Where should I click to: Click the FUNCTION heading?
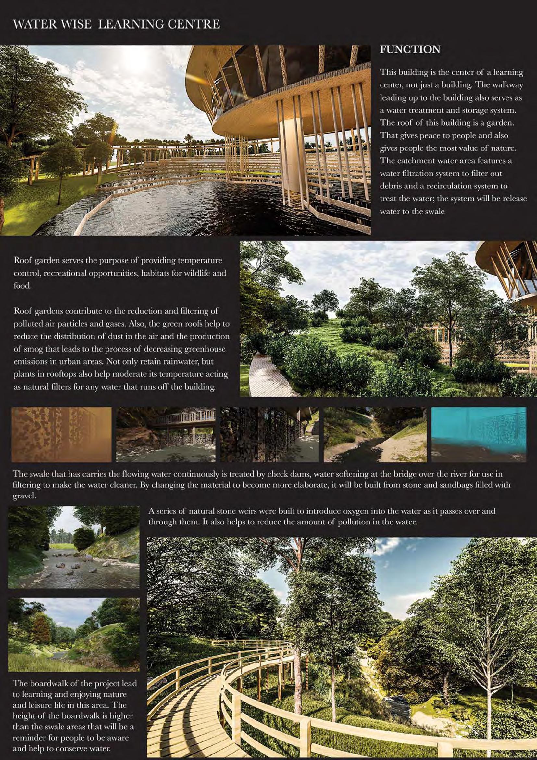(x=410, y=50)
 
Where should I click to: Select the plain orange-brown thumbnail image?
(x=61, y=435)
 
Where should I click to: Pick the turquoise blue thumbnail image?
(x=479, y=435)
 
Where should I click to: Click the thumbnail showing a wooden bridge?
(x=166, y=435)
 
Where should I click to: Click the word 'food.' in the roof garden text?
(x=22, y=285)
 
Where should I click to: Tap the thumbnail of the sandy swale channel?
(x=375, y=435)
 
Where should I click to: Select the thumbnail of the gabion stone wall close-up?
(x=269, y=435)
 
